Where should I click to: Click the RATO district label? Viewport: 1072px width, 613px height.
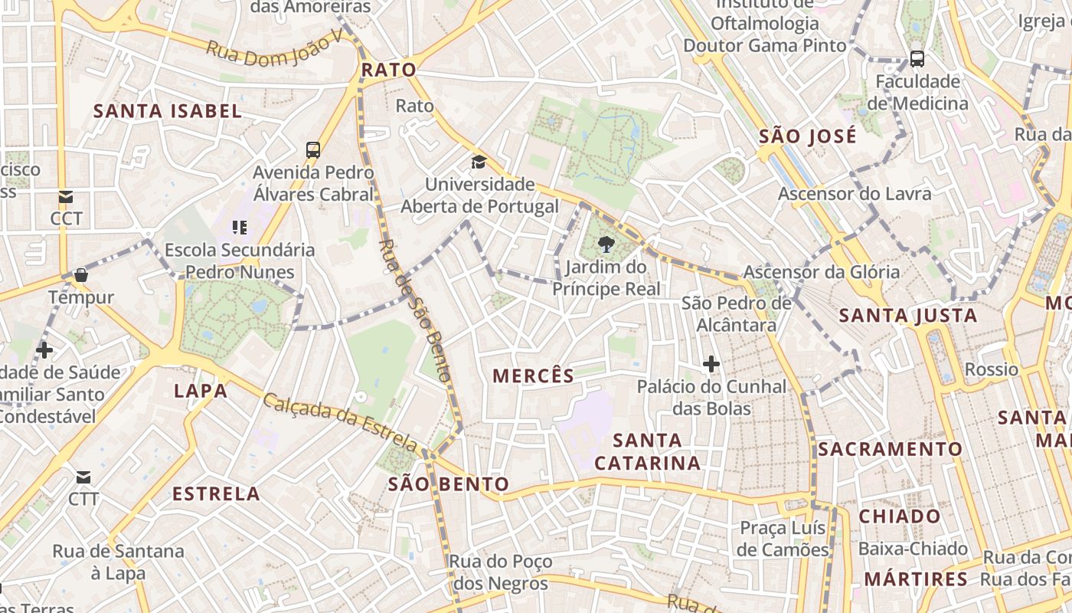coord(389,70)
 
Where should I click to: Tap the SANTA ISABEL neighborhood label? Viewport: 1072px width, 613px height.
coord(168,111)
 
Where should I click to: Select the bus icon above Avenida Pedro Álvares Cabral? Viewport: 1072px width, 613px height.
coord(313,149)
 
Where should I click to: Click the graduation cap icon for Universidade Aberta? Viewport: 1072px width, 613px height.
coord(479,162)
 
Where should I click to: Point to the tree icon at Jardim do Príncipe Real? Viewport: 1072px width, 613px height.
coord(606,244)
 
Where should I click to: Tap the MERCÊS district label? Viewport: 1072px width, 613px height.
coord(534,375)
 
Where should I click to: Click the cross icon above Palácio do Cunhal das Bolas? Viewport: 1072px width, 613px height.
coord(711,364)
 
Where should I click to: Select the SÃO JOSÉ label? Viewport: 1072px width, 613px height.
coord(808,137)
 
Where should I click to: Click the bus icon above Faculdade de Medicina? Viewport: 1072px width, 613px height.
coord(917,58)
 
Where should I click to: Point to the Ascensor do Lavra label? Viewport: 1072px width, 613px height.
coord(855,194)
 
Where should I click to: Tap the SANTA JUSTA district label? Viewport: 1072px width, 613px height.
coord(908,316)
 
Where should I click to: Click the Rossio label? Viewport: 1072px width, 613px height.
coord(992,370)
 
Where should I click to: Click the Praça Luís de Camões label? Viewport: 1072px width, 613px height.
coord(783,539)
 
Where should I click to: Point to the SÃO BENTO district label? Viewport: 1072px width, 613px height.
coord(449,484)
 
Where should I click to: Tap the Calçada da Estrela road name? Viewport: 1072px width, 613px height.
coord(341,423)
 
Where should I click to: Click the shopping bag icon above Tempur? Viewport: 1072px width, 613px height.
coord(81,274)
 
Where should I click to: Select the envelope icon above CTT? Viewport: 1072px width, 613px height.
coord(83,477)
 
